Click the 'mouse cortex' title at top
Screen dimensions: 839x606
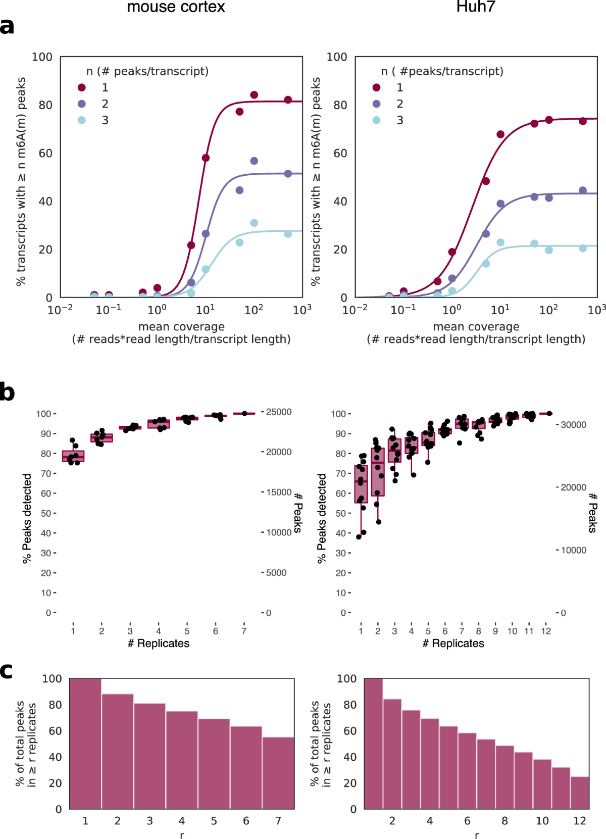click(x=176, y=7)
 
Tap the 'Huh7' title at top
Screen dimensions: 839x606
click(x=475, y=7)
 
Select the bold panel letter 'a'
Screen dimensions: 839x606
click(x=7, y=26)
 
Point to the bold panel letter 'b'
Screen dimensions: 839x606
click(x=7, y=392)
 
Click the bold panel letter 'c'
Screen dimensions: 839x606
click(x=6, y=671)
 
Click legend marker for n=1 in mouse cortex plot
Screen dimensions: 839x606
click(x=82, y=88)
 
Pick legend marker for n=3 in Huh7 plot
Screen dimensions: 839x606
click(x=376, y=120)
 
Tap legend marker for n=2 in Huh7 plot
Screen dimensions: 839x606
click(x=376, y=104)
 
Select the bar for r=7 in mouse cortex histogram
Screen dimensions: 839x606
click(x=278, y=773)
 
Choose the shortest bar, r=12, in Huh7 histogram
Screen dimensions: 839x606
click(x=580, y=793)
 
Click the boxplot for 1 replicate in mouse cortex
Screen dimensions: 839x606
click(x=73, y=456)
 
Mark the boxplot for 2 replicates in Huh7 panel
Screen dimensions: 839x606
click(x=378, y=472)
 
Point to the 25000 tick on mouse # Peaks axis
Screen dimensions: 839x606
click(x=279, y=412)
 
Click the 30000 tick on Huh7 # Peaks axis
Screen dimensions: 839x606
click(x=574, y=425)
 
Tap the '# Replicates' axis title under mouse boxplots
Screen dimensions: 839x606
click(x=159, y=644)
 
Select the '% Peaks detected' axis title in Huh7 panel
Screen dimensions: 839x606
click(x=321, y=518)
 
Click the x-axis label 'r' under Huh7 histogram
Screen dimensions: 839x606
click(x=477, y=835)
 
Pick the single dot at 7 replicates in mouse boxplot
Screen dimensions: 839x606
click(x=244, y=413)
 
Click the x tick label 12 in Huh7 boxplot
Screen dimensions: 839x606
click(x=546, y=631)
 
